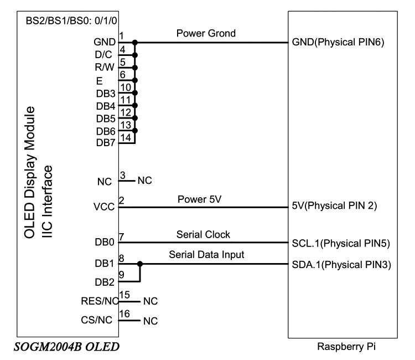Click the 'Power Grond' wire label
click(206, 34)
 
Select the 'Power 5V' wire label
click(201, 200)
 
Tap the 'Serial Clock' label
click(203, 235)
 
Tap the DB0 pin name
click(105, 243)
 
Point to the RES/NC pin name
click(100, 302)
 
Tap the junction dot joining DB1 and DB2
click(141, 264)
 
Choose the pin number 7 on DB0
click(121, 237)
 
